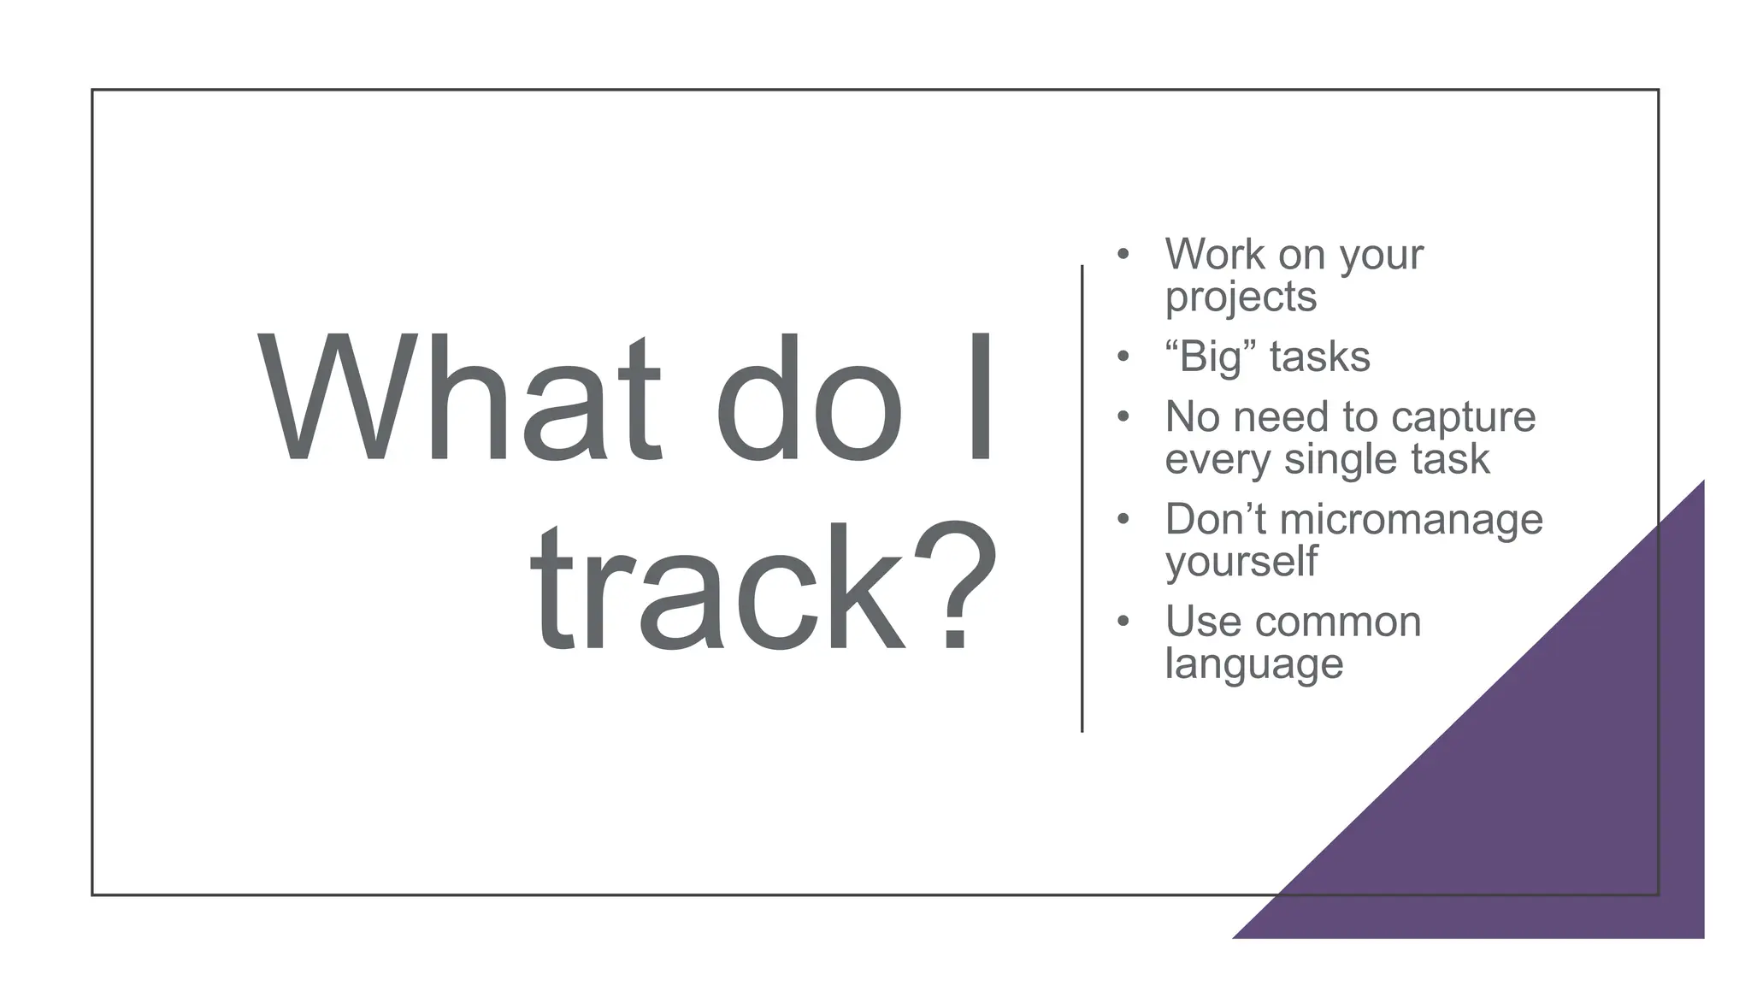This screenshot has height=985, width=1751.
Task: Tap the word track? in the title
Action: click(763, 588)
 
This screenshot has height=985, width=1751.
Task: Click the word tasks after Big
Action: click(1320, 357)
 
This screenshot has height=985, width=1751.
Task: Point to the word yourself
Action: click(1241, 563)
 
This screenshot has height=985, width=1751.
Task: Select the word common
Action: click(1334, 622)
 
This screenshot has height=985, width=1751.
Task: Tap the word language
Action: click(1253, 665)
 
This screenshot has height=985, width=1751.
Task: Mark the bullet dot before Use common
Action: click(1123, 621)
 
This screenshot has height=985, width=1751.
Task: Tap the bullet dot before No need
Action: click(1123, 416)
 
